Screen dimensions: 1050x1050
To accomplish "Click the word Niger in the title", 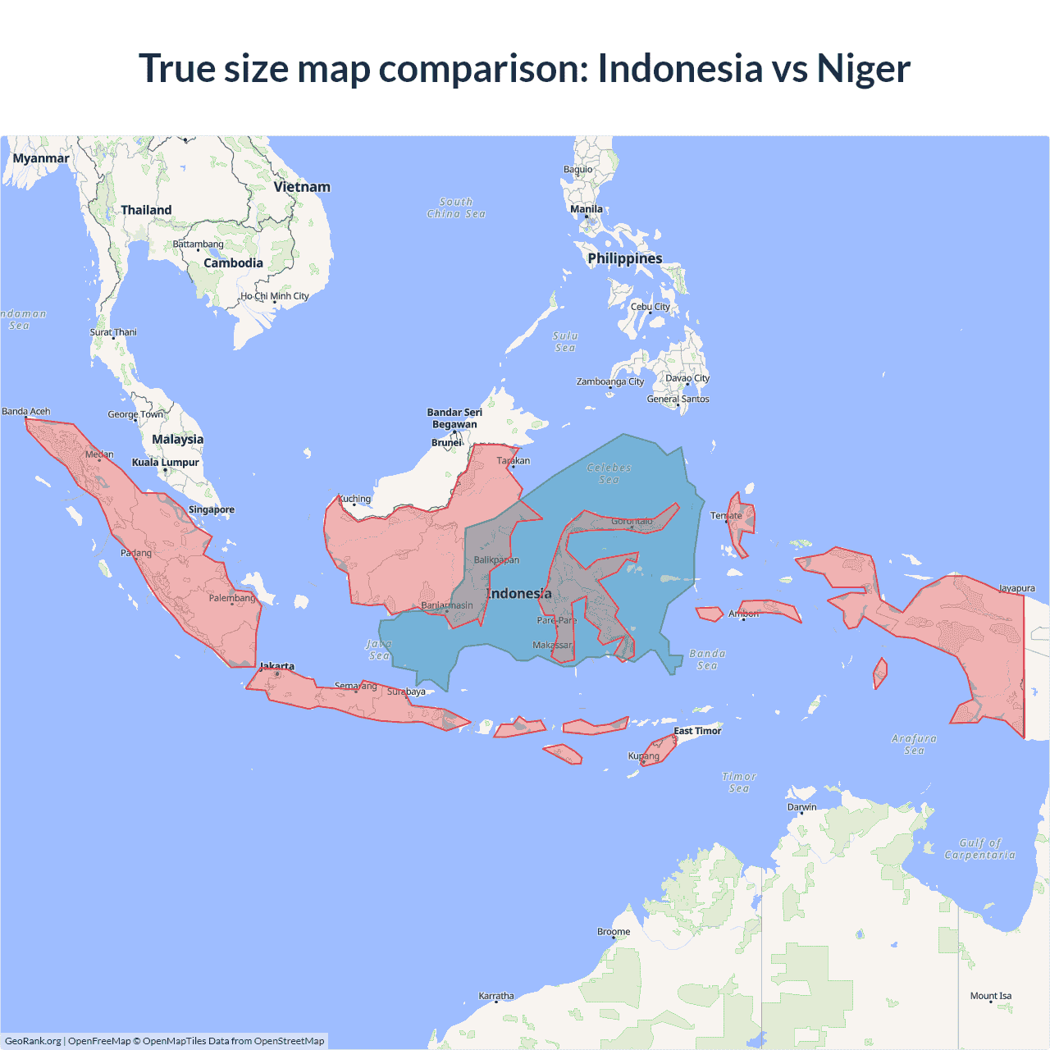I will tap(863, 68).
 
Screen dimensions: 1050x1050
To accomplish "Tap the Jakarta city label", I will tap(276, 666).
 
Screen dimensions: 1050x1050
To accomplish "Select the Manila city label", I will tap(587, 209).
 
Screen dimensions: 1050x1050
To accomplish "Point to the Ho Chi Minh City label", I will tap(275, 296).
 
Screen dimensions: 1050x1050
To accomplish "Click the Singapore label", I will tap(212, 509).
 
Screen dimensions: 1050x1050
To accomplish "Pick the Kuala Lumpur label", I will tap(166, 463).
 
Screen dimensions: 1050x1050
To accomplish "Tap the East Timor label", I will tap(697, 731).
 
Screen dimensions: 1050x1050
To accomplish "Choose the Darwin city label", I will tap(801, 807).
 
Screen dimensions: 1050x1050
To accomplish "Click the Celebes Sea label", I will tap(609, 473).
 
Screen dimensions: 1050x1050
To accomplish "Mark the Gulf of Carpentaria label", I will tap(979, 849).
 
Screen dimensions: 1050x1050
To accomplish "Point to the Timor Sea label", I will tap(739, 783).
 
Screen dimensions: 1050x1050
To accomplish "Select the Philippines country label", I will tap(625, 258).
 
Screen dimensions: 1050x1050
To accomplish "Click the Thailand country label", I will tap(146, 210).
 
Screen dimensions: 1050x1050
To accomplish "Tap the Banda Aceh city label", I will tap(26, 412).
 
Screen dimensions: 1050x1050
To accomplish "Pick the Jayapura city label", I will tap(1016, 588).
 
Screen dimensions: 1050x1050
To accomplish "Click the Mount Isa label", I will tap(991, 996).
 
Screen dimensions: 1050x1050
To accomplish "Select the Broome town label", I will tap(614, 932).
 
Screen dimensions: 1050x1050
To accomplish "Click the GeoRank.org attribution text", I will tap(33, 1041).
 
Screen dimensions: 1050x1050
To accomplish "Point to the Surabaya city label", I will tap(407, 692).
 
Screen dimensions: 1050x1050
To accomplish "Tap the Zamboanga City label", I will tap(610, 381).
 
